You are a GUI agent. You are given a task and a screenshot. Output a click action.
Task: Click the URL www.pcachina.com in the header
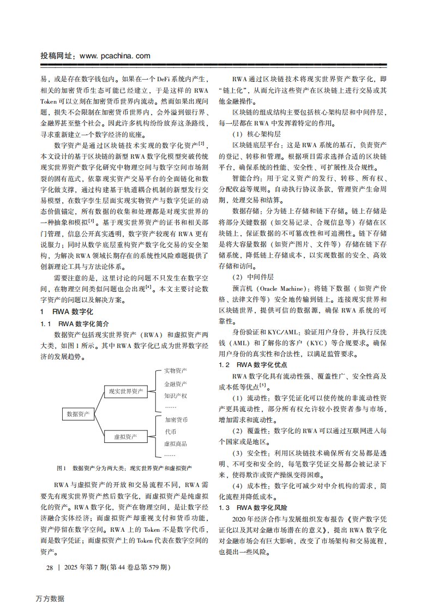tap(115, 56)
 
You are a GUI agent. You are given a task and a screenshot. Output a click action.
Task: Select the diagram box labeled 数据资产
tap(78, 414)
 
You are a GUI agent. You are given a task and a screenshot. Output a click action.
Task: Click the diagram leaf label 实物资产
tap(176, 371)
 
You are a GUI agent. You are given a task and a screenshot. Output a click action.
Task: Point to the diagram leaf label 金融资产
tap(176, 383)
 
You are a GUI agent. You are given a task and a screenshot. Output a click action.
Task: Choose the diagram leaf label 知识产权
tap(176, 395)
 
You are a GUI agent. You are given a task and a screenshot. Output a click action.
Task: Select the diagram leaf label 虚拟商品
tap(176, 443)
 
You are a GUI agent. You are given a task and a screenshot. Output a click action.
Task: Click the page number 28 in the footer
tap(50, 568)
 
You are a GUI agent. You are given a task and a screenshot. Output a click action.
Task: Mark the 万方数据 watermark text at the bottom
tap(47, 598)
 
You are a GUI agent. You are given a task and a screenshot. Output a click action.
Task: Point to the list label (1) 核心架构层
tap(251, 134)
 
